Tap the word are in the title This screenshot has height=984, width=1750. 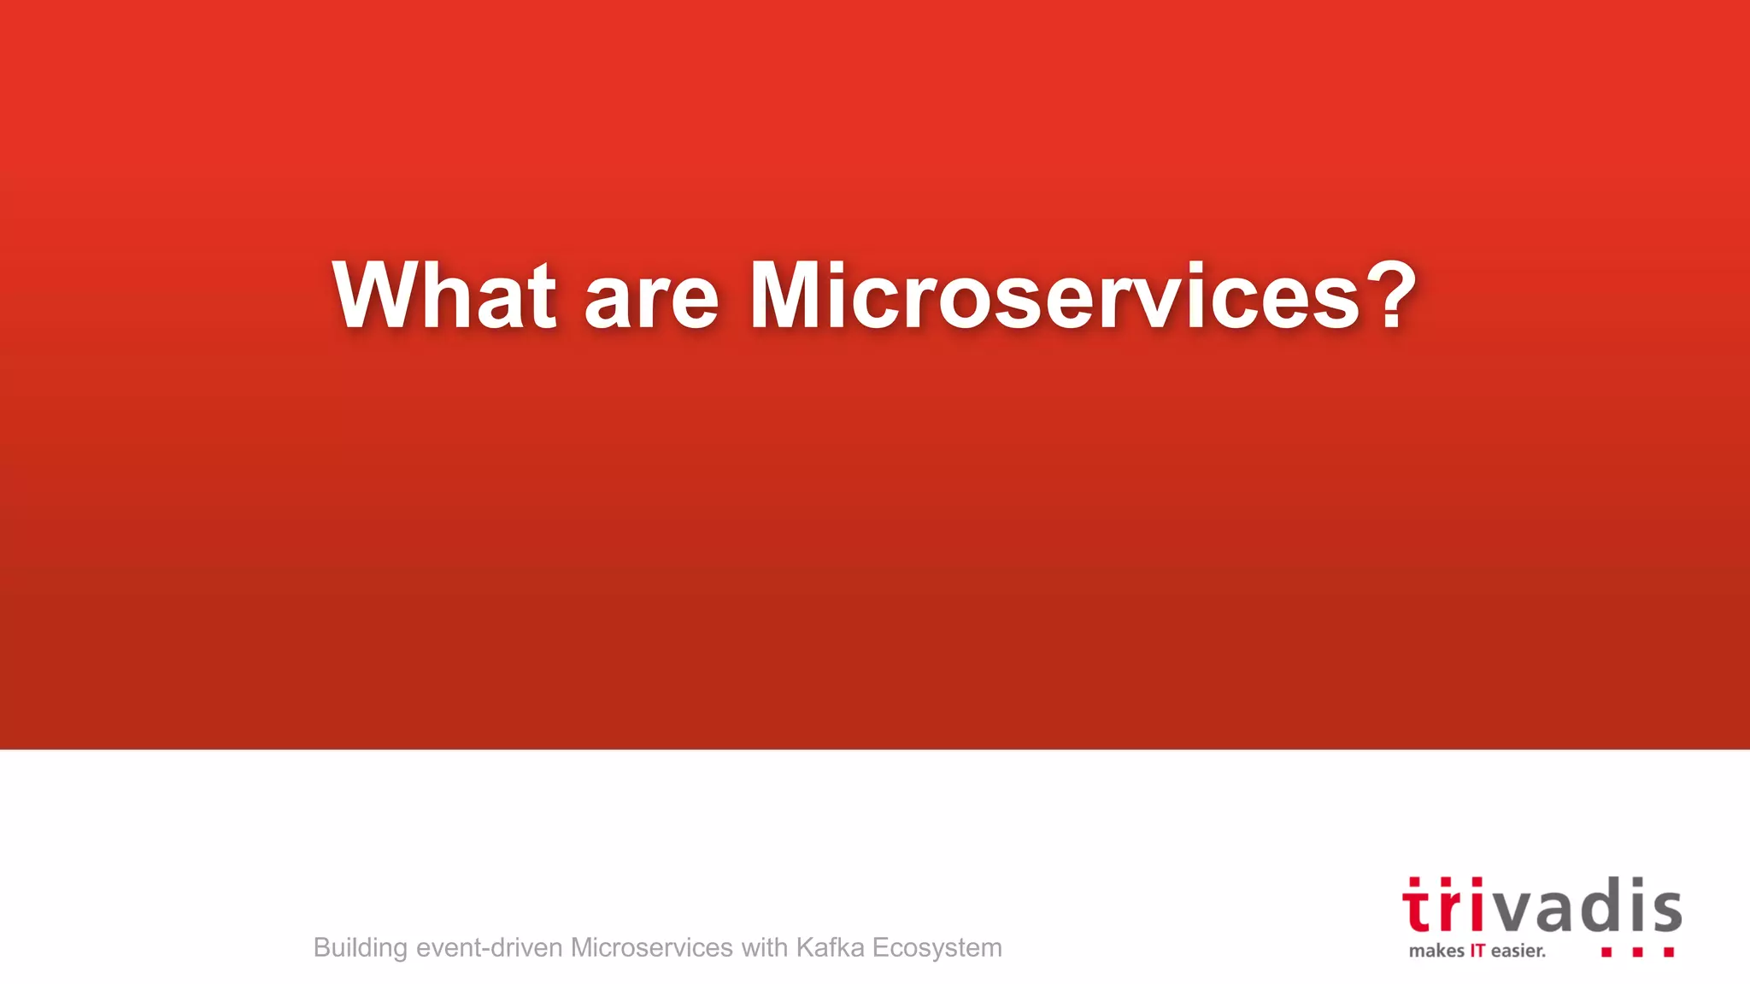coord(651,299)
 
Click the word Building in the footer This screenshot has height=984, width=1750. coord(361,948)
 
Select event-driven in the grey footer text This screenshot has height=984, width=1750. coord(489,948)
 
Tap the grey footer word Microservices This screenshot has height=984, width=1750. coord(651,948)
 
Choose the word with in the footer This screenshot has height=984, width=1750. coord(764,948)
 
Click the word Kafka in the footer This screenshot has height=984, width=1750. coord(829,948)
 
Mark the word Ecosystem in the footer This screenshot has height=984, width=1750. coord(937,948)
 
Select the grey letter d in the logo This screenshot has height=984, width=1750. coord(1596,905)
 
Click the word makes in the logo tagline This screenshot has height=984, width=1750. coord(1436,952)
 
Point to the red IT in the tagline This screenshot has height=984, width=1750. coord(1477,952)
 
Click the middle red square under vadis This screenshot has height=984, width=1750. coord(1637,952)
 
